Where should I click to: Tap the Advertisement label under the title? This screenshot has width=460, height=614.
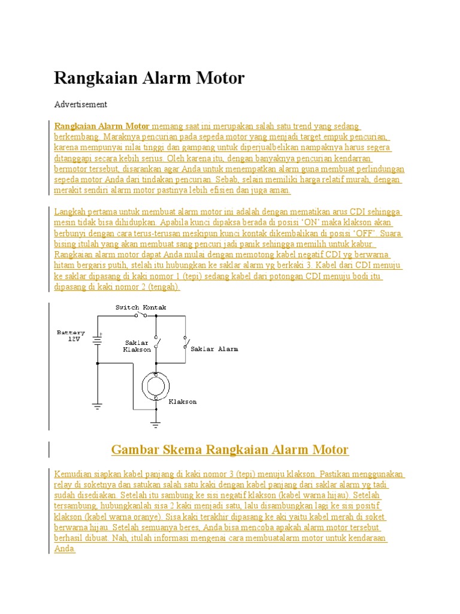click(80, 104)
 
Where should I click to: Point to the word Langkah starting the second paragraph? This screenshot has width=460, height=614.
click(71, 212)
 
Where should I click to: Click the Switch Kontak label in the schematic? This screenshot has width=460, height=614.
click(141, 308)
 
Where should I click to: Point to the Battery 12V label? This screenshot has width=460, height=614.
click(71, 335)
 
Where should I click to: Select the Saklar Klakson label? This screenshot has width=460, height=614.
click(137, 345)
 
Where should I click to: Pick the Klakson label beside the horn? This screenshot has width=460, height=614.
click(182, 401)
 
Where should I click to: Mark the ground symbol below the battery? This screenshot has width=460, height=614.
click(97, 406)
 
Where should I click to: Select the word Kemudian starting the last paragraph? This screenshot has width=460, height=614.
click(74, 474)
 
